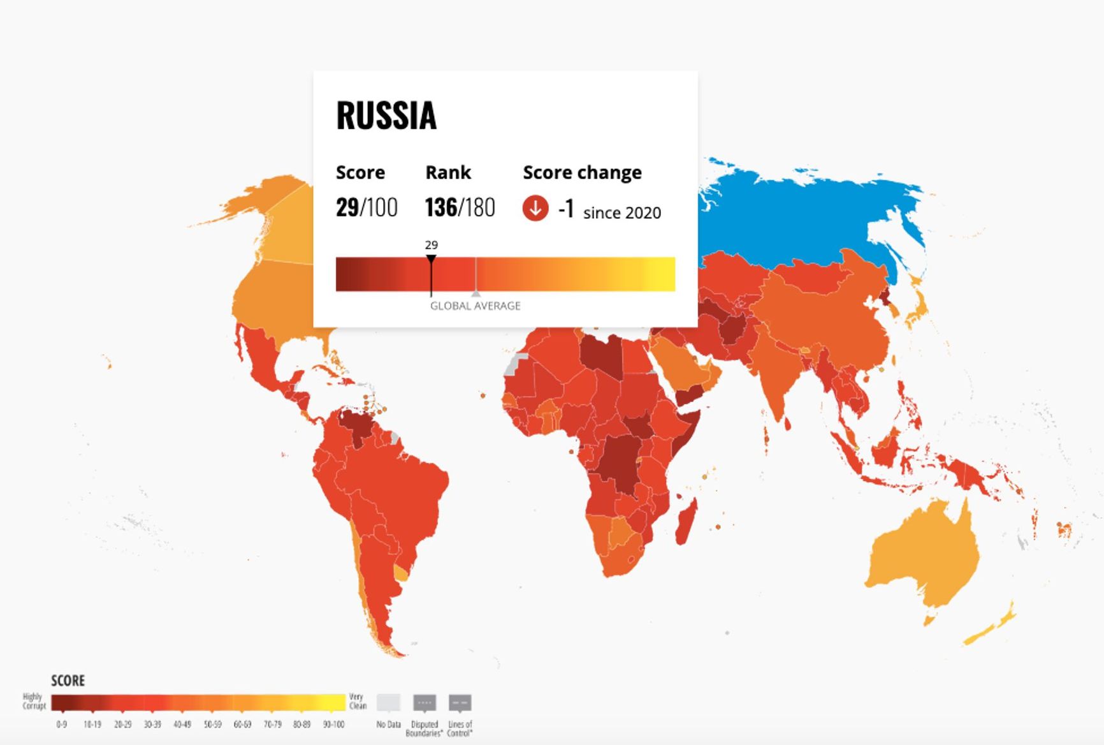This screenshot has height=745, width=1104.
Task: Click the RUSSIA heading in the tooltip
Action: coord(386,116)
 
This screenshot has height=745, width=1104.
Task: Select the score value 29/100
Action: coord(367,208)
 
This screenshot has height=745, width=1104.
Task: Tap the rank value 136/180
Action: coord(460,208)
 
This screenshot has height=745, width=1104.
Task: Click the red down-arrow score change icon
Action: coord(535,209)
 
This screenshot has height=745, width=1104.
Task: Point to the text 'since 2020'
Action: coord(621,213)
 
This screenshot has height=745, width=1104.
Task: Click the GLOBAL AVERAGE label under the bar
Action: coord(475,306)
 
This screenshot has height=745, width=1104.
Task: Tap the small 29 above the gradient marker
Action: coord(432,245)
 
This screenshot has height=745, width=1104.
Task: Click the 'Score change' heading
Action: coord(582,173)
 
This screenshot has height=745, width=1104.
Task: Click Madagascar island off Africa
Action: coord(686,522)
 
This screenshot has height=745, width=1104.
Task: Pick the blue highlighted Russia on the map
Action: coord(810,217)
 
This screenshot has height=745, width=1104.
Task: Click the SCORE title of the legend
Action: coord(68,681)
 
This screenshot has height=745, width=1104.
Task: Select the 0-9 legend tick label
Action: coord(61,725)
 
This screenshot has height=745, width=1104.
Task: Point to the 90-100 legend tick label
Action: coord(333,725)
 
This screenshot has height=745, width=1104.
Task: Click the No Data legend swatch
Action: coord(388,703)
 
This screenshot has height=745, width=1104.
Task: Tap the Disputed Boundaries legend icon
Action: coord(425,703)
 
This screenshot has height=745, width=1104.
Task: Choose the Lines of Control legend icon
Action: coord(460,703)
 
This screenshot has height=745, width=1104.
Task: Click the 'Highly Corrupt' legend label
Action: coord(34,701)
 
